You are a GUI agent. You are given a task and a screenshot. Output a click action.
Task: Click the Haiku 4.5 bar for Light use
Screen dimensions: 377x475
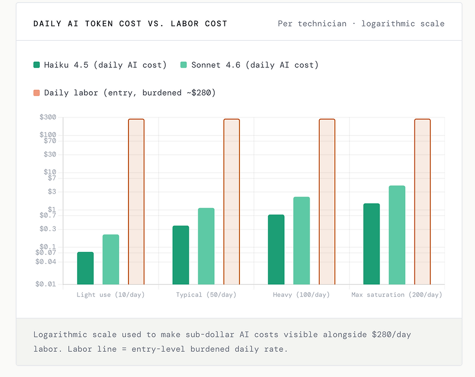coord(85,268)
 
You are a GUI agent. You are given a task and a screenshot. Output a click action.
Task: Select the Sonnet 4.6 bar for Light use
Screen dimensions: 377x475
coord(111,260)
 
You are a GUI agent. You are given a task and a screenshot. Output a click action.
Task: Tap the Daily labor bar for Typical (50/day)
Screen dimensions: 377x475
coord(231,201)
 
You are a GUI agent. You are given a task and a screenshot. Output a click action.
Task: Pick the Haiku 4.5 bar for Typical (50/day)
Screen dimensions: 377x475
coord(181,255)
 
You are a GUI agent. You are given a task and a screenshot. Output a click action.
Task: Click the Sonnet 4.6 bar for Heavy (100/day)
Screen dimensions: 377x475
coord(301,241)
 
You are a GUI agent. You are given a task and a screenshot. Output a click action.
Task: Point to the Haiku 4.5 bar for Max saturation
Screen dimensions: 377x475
coord(371,244)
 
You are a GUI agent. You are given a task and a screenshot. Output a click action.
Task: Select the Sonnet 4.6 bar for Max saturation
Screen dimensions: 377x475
coord(397,235)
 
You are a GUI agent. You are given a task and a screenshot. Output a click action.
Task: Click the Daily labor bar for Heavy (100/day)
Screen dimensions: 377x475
coord(327,201)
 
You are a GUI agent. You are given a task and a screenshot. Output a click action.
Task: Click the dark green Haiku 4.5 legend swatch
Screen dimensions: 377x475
coord(36,65)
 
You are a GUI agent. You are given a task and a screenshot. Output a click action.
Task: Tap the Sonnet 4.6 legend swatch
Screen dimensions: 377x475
coord(184,65)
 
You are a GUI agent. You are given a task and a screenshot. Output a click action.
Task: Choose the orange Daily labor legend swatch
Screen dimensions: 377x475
coord(36,93)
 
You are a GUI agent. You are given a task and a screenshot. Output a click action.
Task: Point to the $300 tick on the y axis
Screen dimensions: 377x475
coord(48,117)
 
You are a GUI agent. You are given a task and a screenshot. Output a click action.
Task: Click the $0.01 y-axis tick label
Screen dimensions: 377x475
coord(46,284)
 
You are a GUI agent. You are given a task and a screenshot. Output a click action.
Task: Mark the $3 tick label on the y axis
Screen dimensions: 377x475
coord(52,192)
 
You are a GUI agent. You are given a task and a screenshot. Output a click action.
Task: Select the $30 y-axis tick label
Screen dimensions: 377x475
coord(50,154)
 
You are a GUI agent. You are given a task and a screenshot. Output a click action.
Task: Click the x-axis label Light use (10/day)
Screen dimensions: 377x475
coord(111,295)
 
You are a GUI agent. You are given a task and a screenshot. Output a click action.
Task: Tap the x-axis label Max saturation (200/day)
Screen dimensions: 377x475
coord(396,295)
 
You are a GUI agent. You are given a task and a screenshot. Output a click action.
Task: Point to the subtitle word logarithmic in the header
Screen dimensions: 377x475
coord(390,23)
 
